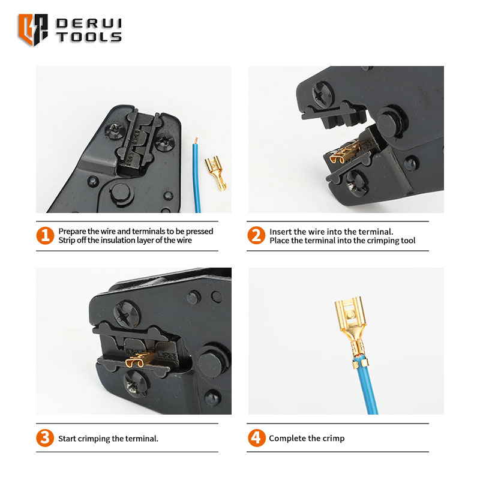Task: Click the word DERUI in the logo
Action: pyautogui.click(x=89, y=23)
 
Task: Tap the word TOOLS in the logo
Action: pyautogui.click(x=89, y=37)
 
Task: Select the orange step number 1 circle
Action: pyautogui.click(x=45, y=235)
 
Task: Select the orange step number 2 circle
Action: pyautogui.click(x=256, y=235)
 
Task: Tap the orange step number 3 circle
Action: pyautogui.click(x=45, y=438)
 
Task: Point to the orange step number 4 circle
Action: pyautogui.click(x=257, y=438)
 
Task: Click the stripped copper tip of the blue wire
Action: pyautogui.click(x=196, y=140)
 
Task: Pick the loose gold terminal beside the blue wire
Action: pyautogui.click(x=215, y=172)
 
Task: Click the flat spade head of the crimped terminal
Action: pyautogui.click(x=350, y=316)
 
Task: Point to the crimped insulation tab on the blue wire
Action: pyautogui.click(x=360, y=363)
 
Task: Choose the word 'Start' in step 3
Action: pyautogui.click(x=67, y=439)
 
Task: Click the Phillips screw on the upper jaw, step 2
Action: pyautogui.click(x=323, y=94)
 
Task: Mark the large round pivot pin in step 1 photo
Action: pyautogui.click(x=121, y=192)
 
